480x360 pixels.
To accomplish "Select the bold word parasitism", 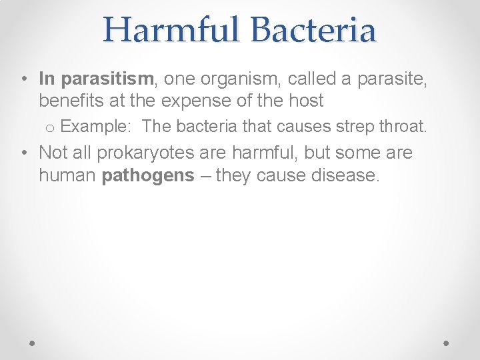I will pos(107,79).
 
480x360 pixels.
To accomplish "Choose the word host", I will pos(306,101).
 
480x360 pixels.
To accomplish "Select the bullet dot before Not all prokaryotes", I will pos(23,153).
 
